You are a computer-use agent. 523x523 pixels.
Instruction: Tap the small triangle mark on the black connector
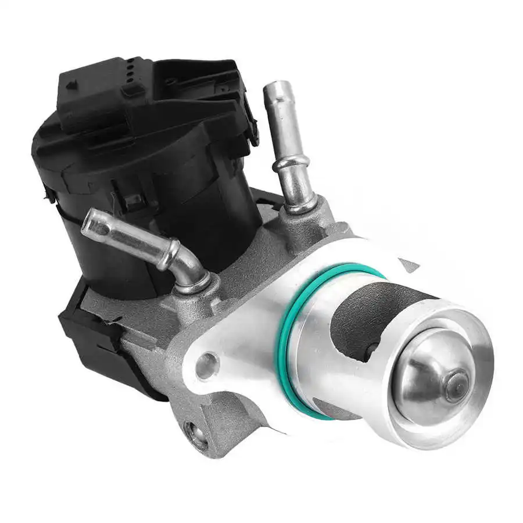coord(71,85)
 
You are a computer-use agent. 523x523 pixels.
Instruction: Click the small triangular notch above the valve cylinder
coord(409,265)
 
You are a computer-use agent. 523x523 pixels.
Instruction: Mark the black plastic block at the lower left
coord(87,337)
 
